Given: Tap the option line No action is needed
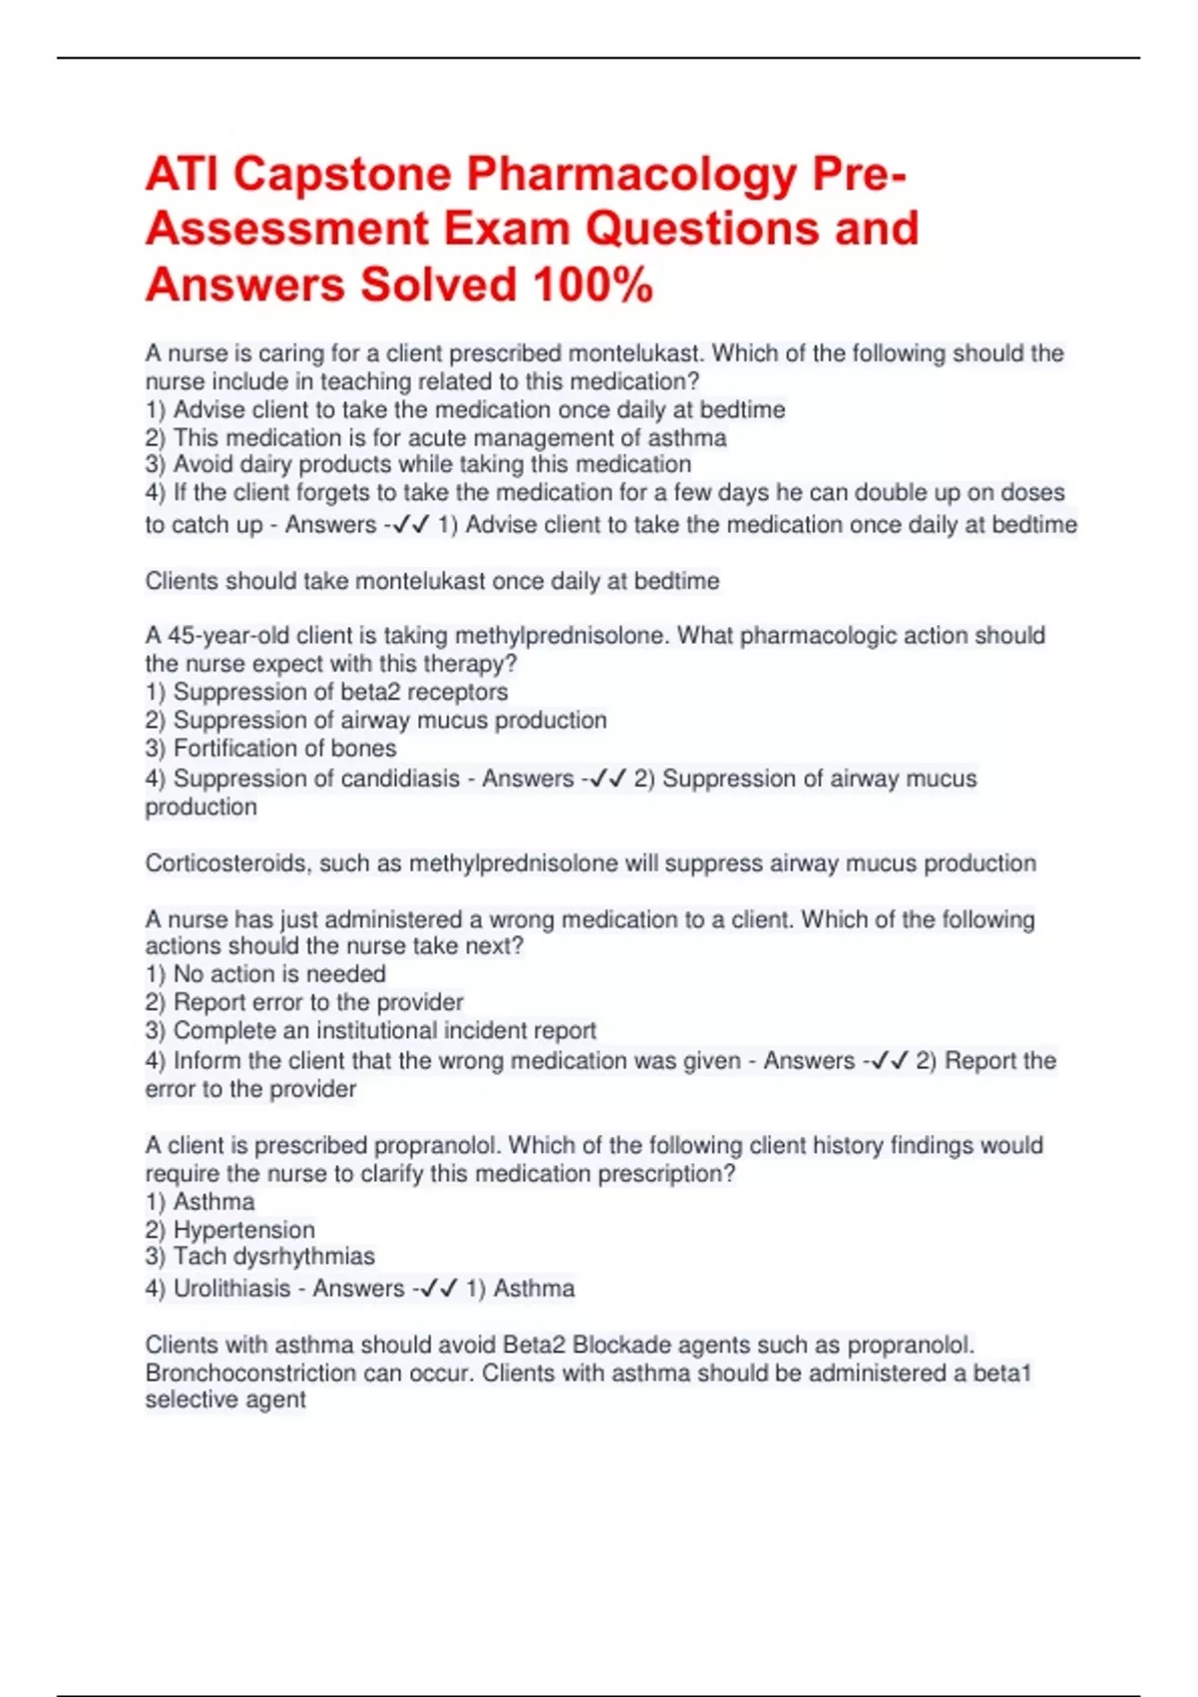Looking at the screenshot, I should click(266, 974).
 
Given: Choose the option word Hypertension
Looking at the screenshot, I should click(244, 1230).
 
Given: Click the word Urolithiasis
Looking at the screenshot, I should click(232, 1289).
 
